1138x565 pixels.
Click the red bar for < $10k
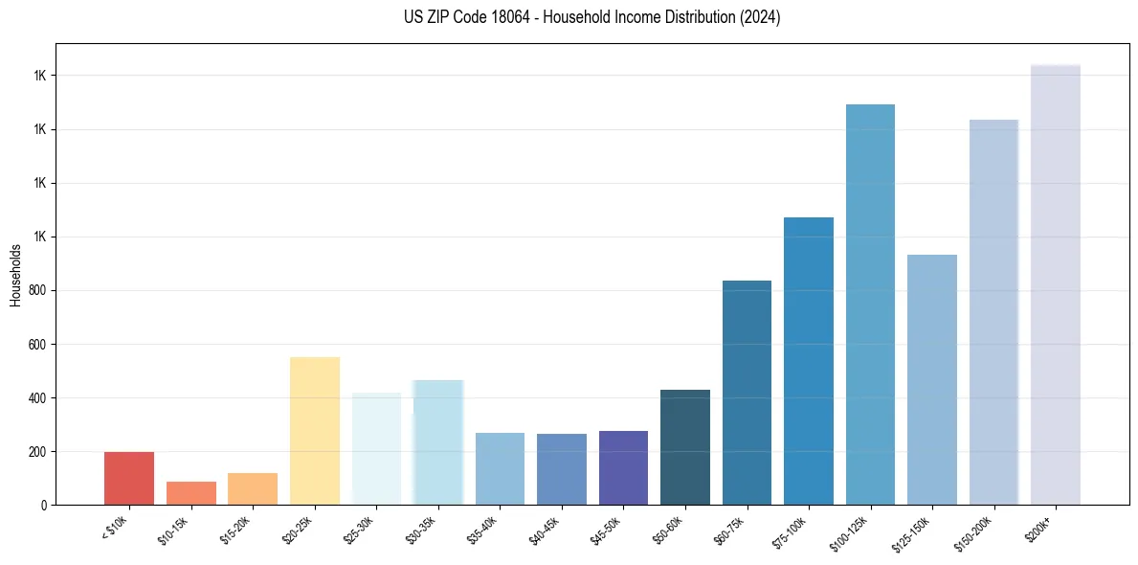click(129, 478)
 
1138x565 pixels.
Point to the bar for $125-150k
click(932, 379)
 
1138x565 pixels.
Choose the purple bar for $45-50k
click(623, 467)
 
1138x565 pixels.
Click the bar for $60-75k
click(747, 393)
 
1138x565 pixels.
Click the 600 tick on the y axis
click(38, 344)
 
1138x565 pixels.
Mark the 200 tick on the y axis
click(38, 451)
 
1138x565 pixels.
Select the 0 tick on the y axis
click(44, 505)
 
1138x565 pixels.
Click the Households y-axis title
click(15, 275)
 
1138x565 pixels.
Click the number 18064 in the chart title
click(506, 17)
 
